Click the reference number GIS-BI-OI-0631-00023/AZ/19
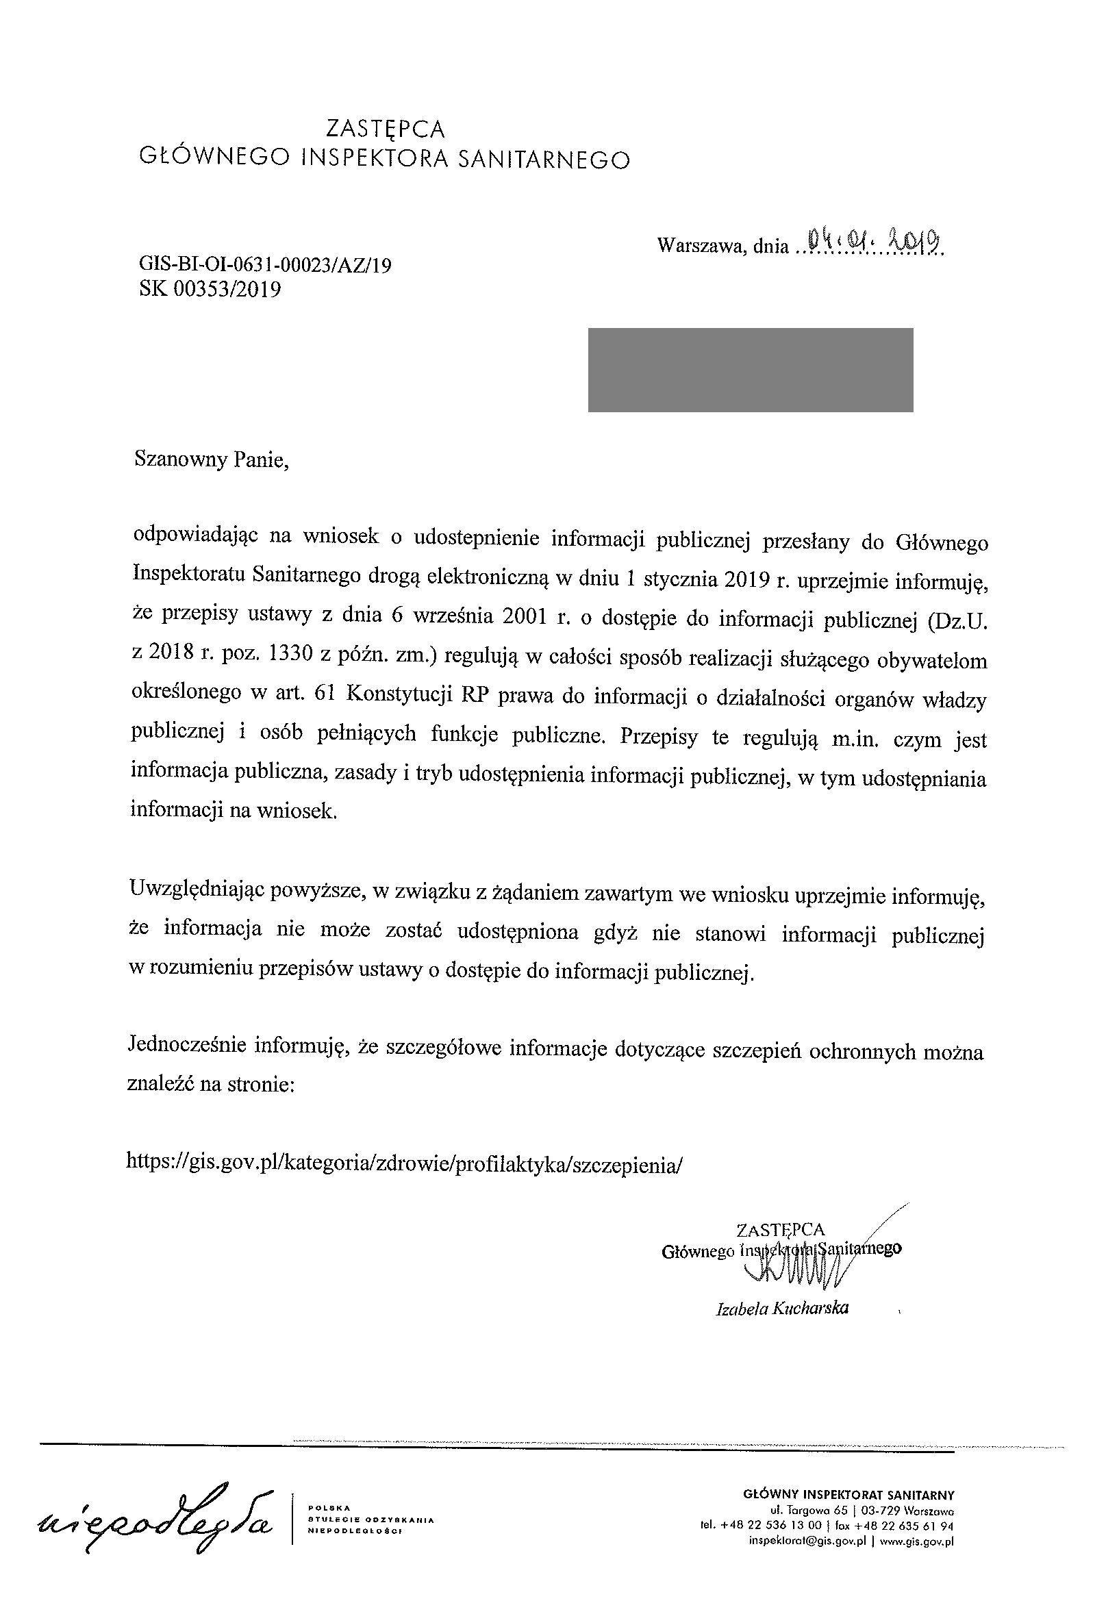(265, 265)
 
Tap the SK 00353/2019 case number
(210, 290)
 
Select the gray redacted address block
(750, 370)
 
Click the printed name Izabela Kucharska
(782, 1309)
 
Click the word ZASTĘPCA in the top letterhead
(386, 129)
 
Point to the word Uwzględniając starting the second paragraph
(202, 891)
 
